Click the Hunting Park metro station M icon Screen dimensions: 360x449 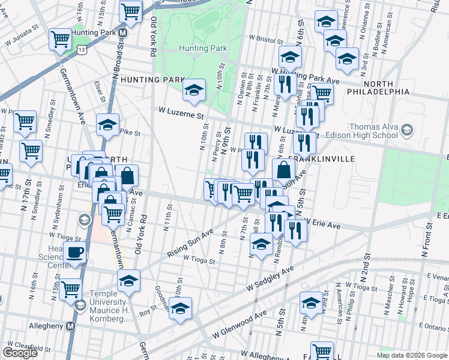pyautogui.click(x=122, y=32)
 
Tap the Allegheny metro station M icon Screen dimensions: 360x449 pyautogui.click(x=71, y=326)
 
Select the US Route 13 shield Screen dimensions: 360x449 pyautogui.click(x=80, y=52)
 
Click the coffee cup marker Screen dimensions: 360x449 pyautogui.click(x=75, y=253)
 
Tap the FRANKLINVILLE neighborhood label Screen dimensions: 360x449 pyautogui.click(x=322, y=159)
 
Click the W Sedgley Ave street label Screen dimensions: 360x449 pyautogui.click(x=271, y=280)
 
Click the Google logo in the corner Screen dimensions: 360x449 pyautogui.click(x=20, y=353)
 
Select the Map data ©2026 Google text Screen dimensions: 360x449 pyautogui.click(x=412, y=355)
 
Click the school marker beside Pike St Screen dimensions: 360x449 pyautogui.click(x=107, y=125)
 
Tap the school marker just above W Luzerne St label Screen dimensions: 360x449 pyautogui.click(x=194, y=90)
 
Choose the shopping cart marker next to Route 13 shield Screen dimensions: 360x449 pyautogui.click(x=61, y=40)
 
